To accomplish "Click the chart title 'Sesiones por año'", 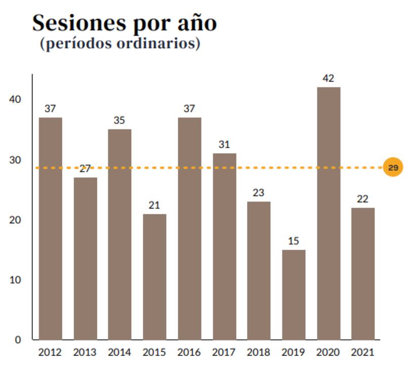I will (125, 23).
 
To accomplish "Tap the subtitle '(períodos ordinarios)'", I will (120, 44).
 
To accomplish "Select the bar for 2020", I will (328, 213).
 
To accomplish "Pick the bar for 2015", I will (154, 276).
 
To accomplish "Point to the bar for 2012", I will (50, 228).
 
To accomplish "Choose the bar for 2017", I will (224, 246).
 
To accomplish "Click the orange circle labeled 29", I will (393, 167).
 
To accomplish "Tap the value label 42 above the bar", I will (328, 78).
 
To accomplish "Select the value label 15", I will (294, 241).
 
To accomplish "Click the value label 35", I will (119, 120).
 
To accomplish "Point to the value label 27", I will (85, 169).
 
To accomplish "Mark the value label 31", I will (224, 145).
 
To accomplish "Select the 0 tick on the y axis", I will (18, 340).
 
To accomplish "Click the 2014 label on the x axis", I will (119, 352).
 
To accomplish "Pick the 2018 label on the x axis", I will (259, 352).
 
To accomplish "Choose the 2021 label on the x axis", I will (362, 352).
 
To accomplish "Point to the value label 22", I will (362, 199).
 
